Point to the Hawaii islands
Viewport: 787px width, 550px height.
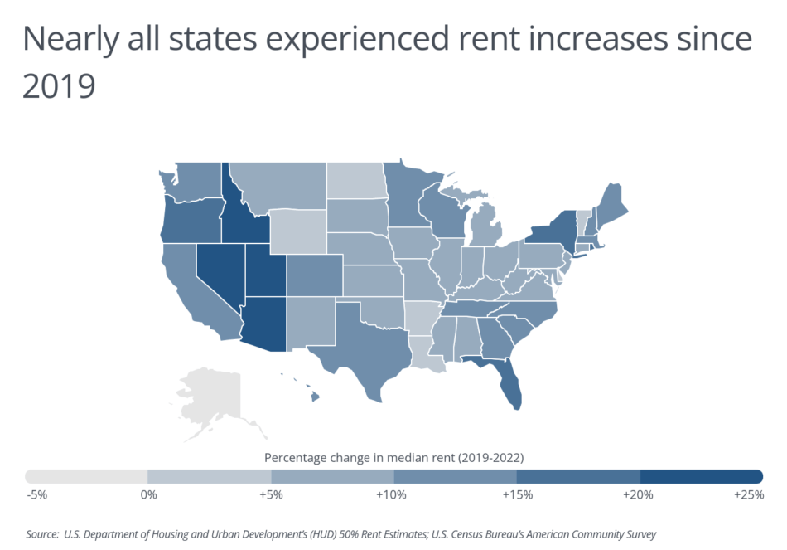[x=314, y=396]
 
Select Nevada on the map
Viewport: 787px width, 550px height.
[x=218, y=278]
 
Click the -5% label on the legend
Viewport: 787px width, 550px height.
[x=36, y=495]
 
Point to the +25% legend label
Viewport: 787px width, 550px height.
[x=749, y=495]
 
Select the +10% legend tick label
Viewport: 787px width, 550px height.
[x=391, y=495]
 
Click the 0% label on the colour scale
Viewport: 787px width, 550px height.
[x=148, y=495]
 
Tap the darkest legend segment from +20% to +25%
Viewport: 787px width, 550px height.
[x=701, y=476]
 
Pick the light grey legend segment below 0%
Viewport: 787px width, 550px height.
[x=86, y=476]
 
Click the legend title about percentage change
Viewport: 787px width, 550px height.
[x=393, y=457]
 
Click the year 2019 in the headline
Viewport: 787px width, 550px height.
[x=59, y=86]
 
